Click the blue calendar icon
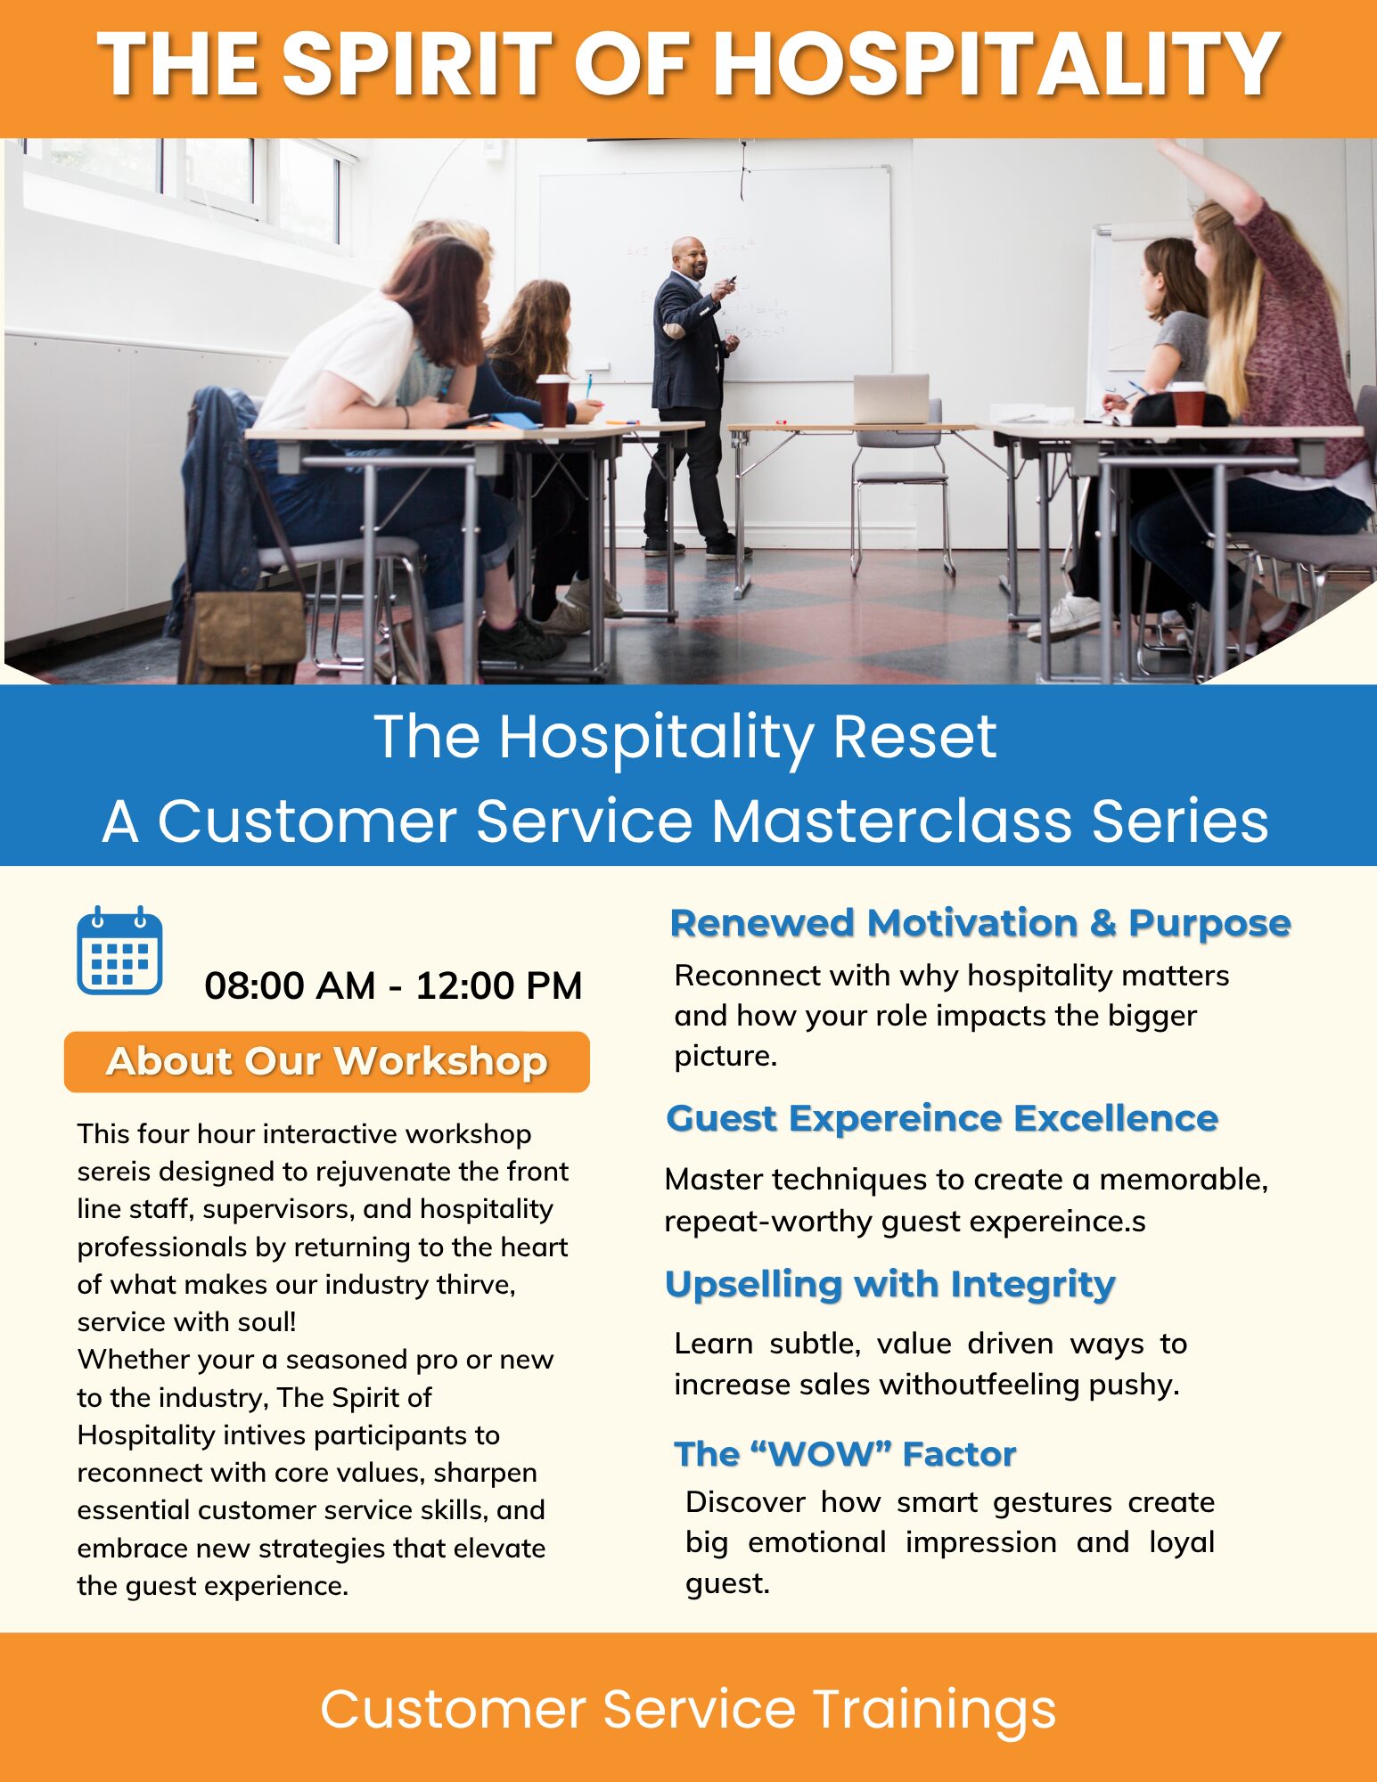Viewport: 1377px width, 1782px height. [119, 951]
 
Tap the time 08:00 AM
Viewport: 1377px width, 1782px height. [290, 985]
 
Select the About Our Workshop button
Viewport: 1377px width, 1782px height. [327, 1061]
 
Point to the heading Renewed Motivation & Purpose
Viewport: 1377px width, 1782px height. [980, 923]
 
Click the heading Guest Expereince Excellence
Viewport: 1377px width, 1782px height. [942, 1118]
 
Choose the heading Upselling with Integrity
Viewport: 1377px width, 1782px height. [890, 1285]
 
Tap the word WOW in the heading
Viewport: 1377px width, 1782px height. [821, 1454]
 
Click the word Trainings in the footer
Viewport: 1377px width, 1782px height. [934, 1710]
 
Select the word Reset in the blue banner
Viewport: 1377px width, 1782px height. [914, 737]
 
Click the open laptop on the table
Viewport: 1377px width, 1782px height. [891, 398]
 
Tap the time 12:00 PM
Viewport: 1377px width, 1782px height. [499, 985]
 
